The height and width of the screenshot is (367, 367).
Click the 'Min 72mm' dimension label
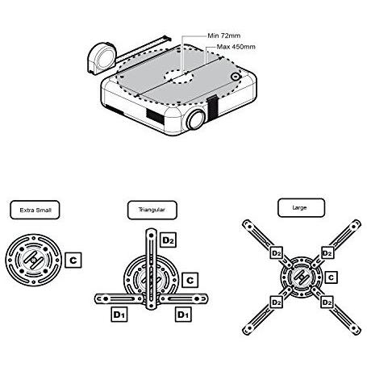coord(224,35)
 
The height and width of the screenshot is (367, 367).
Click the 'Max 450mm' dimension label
coord(236,47)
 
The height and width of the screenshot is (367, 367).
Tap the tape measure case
coord(102,58)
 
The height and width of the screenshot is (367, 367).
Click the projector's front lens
coord(196,119)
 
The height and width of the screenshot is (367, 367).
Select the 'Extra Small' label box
coord(35,210)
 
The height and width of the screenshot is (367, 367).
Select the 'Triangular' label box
coord(152,210)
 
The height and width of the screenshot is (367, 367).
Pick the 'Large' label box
coord(301,207)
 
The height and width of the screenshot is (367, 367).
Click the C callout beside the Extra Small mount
coord(73,260)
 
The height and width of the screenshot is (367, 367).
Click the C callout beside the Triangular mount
coord(190,280)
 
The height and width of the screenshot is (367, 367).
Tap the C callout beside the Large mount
coord(331,277)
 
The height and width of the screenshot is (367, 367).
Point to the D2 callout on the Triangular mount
coord(169,240)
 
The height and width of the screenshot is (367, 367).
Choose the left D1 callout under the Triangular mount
coord(119,315)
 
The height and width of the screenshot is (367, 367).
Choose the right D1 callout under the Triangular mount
coord(183,315)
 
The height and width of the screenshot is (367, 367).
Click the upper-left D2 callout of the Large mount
coord(276,253)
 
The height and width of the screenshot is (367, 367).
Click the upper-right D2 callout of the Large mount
coord(327,253)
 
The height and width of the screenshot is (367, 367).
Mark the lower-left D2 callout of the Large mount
coord(276,302)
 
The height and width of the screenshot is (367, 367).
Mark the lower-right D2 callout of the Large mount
coord(327,302)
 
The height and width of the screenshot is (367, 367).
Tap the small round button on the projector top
coord(236,77)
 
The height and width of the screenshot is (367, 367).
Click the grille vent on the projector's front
coord(155,116)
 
